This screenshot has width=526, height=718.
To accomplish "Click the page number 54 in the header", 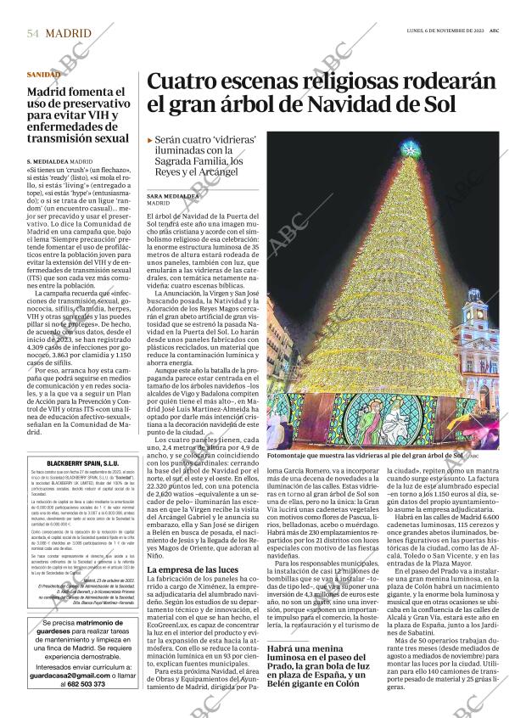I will (32, 33).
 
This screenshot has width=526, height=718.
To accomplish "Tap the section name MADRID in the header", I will (70, 33).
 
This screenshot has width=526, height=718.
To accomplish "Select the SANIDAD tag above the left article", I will (43, 75).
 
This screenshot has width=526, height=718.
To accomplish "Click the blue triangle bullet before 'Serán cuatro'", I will (150, 139).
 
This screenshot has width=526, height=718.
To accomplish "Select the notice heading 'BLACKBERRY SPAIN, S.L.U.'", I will (81, 463).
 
